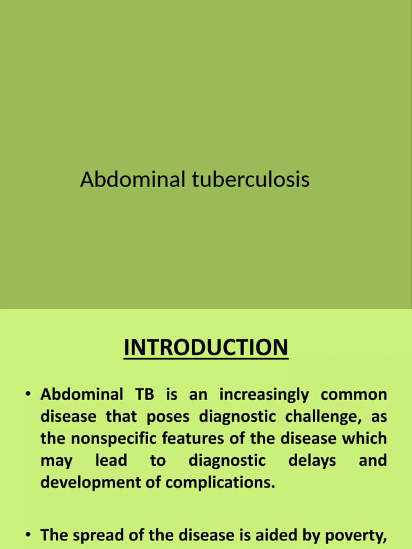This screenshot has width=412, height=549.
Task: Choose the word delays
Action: (x=312, y=461)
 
